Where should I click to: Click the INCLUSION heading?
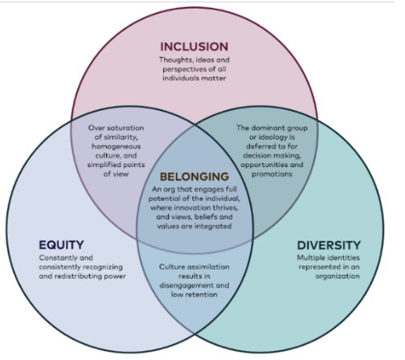point(194,47)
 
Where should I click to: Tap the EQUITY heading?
point(61,245)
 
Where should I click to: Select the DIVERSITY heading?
point(329,245)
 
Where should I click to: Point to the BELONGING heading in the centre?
point(194,177)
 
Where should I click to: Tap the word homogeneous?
point(116,146)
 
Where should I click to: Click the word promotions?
point(272,174)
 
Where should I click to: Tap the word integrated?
point(213,227)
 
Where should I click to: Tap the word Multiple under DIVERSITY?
point(312,258)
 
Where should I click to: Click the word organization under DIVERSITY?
point(337,276)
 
